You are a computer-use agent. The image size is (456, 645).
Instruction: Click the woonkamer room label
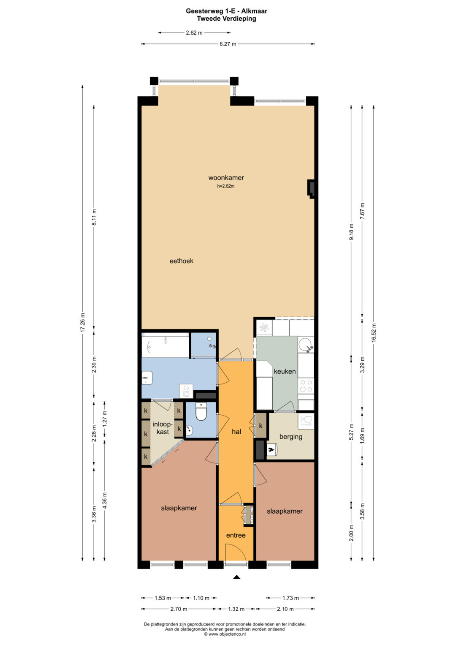226,178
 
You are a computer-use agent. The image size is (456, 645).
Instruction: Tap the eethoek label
182,261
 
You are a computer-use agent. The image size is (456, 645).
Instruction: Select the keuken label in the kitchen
285,371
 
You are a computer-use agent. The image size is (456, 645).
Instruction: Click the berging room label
291,436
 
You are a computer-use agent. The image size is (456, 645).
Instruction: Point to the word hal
236,431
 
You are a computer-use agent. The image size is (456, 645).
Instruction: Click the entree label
236,535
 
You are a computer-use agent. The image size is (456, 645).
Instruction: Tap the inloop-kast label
163,428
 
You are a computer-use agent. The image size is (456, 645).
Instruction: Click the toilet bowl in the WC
201,411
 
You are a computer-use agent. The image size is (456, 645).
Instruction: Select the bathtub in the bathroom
165,345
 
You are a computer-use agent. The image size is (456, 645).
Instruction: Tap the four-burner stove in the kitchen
306,386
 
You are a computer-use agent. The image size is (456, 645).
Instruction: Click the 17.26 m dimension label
83,322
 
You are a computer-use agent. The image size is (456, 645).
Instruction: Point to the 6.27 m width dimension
228,44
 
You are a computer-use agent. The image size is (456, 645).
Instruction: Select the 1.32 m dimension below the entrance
236,609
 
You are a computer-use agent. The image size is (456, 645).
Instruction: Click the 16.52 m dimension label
374,332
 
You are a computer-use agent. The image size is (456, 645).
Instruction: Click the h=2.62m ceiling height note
226,186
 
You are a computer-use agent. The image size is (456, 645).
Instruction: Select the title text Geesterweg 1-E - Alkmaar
226,11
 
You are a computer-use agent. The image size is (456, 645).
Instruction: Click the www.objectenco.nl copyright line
225,634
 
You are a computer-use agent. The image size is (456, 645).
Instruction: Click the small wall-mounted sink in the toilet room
189,430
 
